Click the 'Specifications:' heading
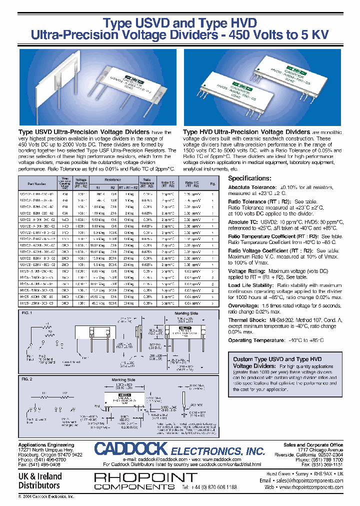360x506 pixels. coord(249,178)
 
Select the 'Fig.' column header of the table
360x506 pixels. coord(212,183)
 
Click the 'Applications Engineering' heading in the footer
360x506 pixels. coord(46,444)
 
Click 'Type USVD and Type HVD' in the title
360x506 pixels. coord(179,23)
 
